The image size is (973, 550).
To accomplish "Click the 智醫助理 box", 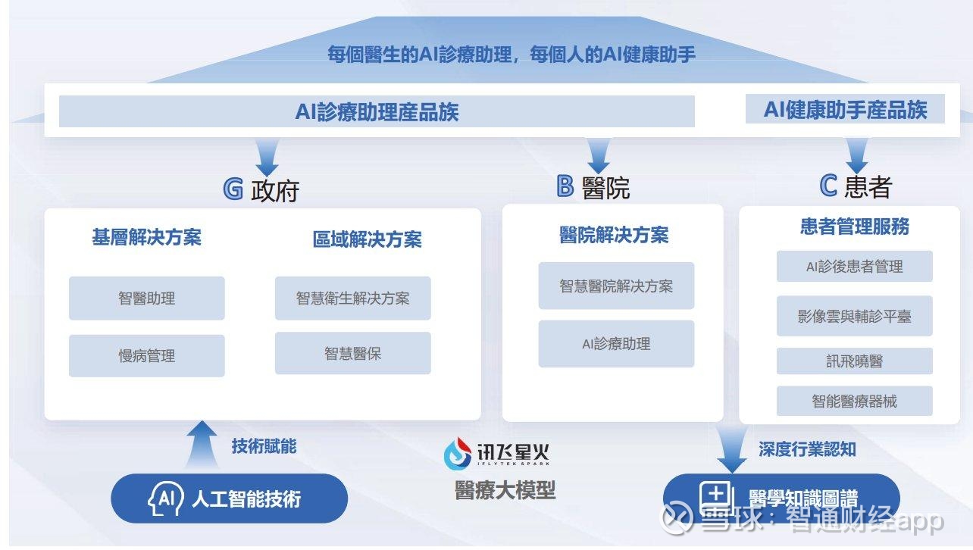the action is pos(147,298).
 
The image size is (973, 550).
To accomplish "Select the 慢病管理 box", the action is pos(147,355).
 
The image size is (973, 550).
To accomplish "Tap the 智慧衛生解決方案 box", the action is pos(352,298).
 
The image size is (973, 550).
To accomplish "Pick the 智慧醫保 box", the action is pos(352,353).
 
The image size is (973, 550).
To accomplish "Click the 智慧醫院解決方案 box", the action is pos(616,286).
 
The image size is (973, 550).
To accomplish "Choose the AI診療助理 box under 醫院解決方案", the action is pos(616,344).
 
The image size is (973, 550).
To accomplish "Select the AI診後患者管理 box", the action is pos(855,266).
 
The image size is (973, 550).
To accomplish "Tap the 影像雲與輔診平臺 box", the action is pos(855,316).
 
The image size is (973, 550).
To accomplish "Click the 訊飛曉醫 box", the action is pos(855,361).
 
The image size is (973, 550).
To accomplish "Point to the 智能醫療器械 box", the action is pos(855,401).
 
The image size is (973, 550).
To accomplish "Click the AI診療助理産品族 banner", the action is pos(377,111).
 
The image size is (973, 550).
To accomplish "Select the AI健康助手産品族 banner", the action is pos(845,109).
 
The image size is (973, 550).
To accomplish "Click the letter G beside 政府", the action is pos(233,189).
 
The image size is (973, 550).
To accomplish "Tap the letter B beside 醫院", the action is pos(565,186).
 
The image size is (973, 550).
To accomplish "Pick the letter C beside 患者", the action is pos(828,186).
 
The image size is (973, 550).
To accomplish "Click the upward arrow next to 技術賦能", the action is pos(202,444).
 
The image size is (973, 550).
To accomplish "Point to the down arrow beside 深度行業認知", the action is pos(732,448).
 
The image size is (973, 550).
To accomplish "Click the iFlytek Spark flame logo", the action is pos(458,454).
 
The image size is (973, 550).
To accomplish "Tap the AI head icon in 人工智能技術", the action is pos(165,498).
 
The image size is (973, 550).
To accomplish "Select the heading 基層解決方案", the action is pos(147,237).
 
